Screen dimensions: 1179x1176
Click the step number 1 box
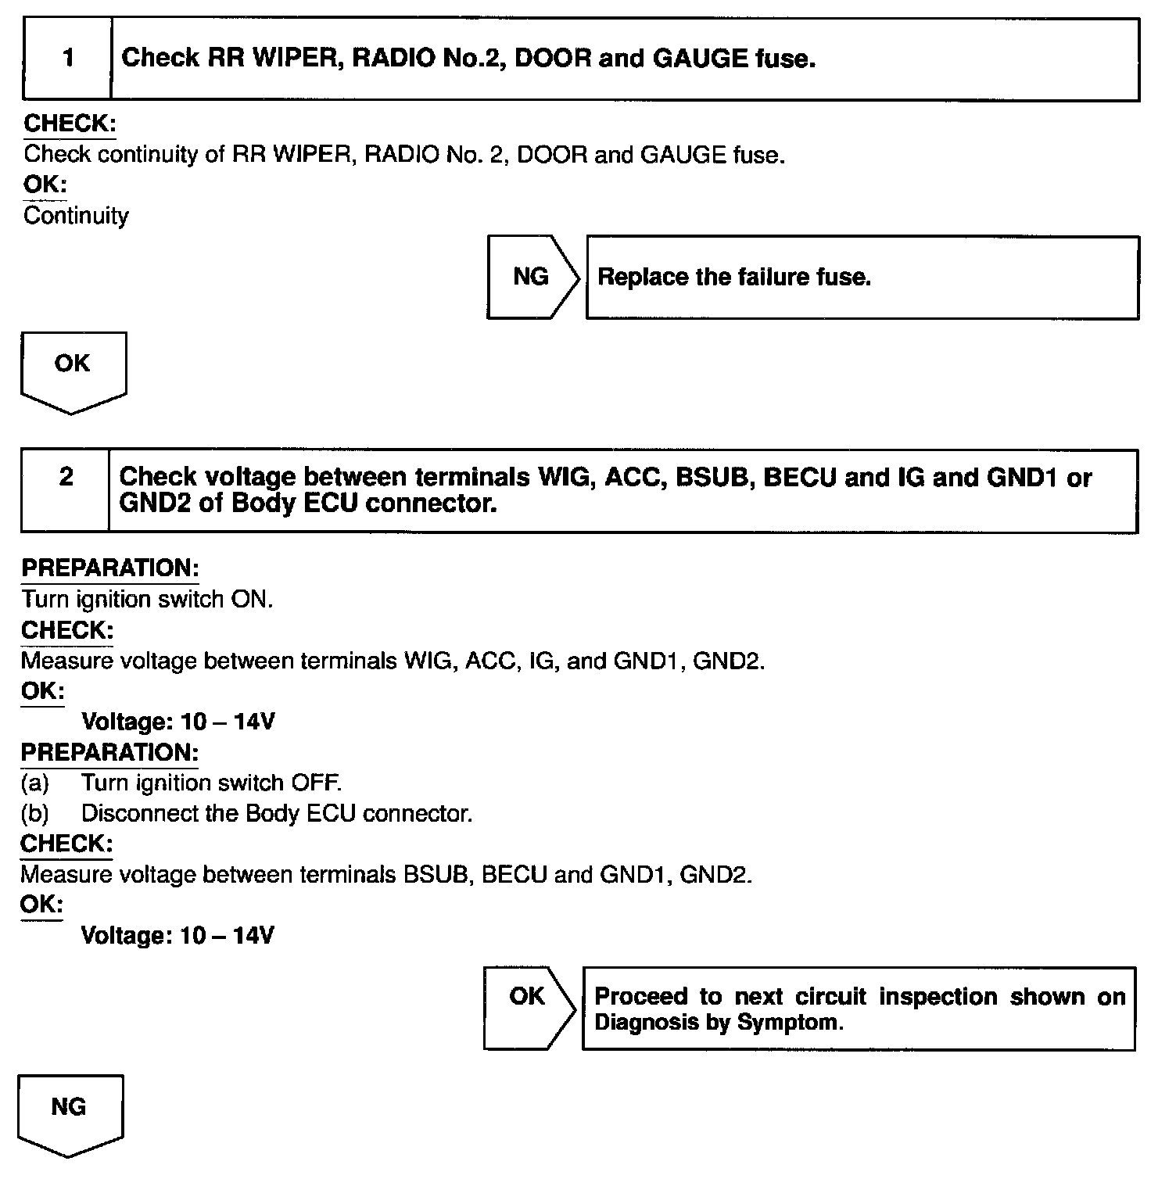(x=68, y=59)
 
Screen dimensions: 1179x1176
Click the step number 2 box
(x=66, y=490)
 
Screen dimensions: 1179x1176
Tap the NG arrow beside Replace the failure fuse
(x=532, y=277)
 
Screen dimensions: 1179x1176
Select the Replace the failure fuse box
(x=862, y=278)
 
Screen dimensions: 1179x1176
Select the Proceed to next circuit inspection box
(x=859, y=1009)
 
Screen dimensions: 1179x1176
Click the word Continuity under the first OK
(x=76, y=216)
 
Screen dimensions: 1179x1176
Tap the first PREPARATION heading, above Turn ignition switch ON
(x=110, y=568)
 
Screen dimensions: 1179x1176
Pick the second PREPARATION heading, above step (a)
(x=109, y=753)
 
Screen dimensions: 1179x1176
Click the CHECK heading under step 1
(x=70, y=124)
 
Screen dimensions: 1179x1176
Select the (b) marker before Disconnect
(x=35, y=814)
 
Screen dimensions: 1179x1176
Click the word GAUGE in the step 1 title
(x=700, y=59)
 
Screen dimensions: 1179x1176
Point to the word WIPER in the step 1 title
(x=294, y=59)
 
